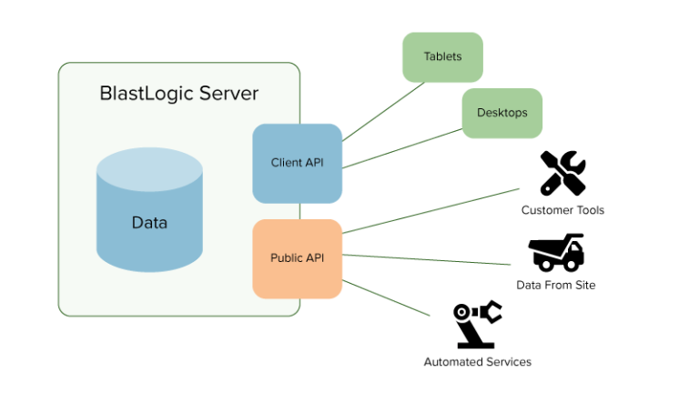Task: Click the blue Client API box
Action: click(298, 164)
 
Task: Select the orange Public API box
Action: click(298, 259)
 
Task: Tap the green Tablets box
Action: click(442, 57)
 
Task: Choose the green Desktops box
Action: click(502, 113)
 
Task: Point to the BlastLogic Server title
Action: click(178, 94)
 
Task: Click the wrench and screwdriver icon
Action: click(563, 174)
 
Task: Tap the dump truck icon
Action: click(556, 253)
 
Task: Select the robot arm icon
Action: click(478, 325)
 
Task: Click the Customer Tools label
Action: click(562, 210)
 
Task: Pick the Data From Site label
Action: click(556, 285)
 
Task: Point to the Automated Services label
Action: click(478, 362)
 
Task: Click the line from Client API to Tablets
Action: click(383, 111)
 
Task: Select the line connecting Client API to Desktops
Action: click(402, 148)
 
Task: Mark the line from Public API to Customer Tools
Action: click(431, 211)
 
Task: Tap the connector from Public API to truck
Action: click(426, 259)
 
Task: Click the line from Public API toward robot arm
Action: click(386, 298)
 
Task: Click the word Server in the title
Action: click(228, 94)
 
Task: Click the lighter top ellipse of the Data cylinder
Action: click(150, 169)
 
